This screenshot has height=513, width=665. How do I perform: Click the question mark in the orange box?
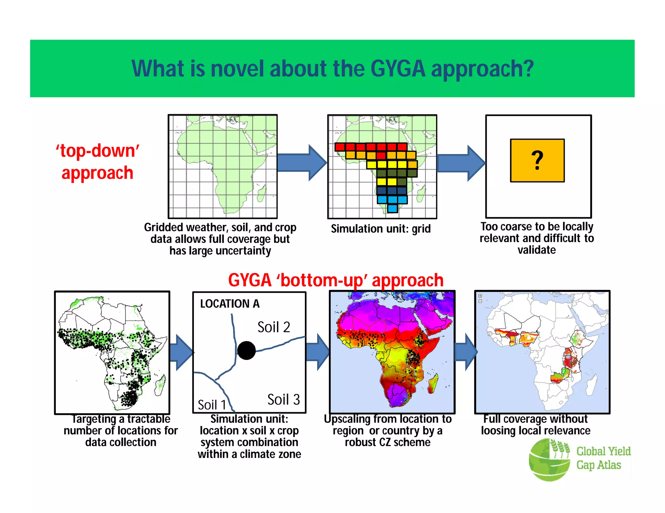pos(537,160)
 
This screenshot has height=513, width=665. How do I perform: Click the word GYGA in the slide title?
pos(397,69)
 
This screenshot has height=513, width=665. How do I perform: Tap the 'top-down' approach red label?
pos(97,161)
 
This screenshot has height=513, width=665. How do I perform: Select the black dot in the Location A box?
pos(246,351)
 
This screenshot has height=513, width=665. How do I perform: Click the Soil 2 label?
pos(273,327)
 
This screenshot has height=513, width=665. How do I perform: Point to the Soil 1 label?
pos(212,405)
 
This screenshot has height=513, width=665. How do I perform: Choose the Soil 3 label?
pos(283,400)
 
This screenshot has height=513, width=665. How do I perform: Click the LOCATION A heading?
pos(230,304)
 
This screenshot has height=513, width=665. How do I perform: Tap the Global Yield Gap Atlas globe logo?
pos(549,460)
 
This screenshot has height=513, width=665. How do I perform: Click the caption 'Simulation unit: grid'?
pos(381,229)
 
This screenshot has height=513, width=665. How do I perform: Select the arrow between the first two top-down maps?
pos(302,163)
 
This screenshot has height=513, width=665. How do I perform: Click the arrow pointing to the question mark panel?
pos(461,163)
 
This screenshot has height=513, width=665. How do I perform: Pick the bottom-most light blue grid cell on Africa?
pos(392,209)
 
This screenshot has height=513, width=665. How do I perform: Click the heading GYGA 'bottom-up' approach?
pos(336,280)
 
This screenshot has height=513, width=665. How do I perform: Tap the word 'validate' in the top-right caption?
pos(536,250)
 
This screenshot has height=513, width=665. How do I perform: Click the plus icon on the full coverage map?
pos(480,296)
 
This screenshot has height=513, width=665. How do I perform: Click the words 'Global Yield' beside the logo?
pos(603,451)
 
